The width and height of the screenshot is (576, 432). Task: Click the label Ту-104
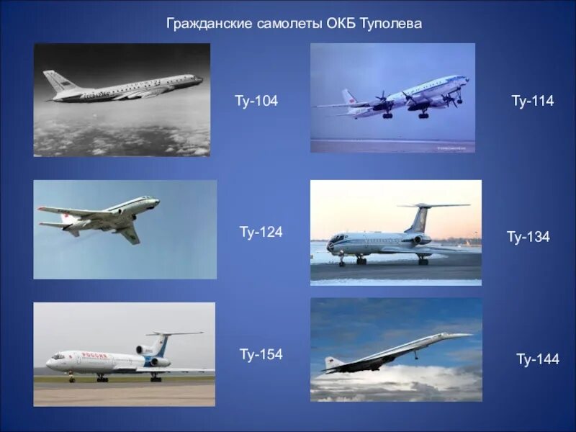pos(256,102)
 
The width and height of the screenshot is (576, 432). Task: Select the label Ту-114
pos(532,102)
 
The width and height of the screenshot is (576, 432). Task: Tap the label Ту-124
pos(261,232)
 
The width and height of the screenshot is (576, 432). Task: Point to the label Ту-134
pos(528,237)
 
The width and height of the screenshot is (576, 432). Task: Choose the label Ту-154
pos(261,354)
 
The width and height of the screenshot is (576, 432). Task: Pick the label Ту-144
pos(537,359)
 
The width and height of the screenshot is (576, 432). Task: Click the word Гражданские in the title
pos(210,24)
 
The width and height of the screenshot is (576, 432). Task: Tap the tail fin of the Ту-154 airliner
pos(163,341)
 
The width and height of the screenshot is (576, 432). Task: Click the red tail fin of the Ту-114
pos(348,97)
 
